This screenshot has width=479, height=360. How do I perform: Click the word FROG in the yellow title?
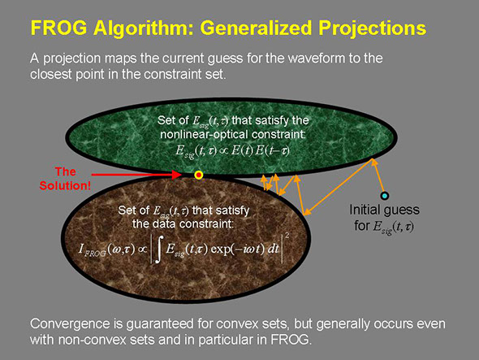(x=58, y=28)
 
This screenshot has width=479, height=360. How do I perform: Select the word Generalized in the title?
(x=257, y=28)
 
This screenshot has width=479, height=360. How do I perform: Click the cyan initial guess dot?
(x=385, y=196)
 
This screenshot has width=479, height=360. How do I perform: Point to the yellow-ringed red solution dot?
(x=199, y=175)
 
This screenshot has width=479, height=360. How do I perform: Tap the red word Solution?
(x=65, y=185)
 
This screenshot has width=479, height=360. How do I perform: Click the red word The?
(x=66, y=171)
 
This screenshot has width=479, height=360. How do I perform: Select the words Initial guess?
(x=384, y=210)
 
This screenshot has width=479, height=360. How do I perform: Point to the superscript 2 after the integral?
(x=287, y=236)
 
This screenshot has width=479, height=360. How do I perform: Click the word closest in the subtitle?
(x=51, y=74)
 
